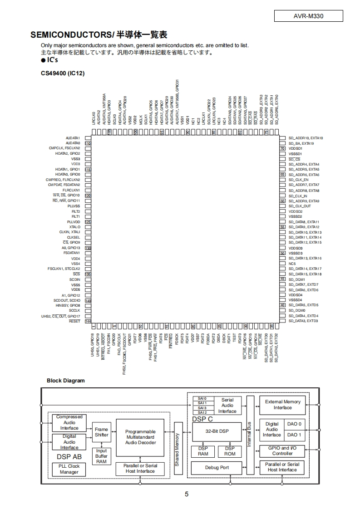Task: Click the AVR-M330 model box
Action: coord(309,16)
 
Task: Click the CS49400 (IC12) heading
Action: coord(63,73)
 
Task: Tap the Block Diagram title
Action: coord(66,381)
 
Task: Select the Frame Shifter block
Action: coord(102,432)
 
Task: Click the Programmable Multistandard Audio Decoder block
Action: coord(140,437)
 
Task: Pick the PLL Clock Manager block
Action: coord(69,469)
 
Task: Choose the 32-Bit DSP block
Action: coord(217,431)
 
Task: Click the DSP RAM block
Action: coord(203,451)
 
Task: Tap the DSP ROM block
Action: coord(230,451)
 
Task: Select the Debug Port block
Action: coord(217,468)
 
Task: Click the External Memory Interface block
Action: coord(282,405)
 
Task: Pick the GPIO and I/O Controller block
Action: coord(282,450)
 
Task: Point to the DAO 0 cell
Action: coord(295,424)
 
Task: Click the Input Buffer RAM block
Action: coord(102,456)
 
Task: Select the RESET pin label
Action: coord(74,321)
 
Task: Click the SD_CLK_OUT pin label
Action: coord(300,206)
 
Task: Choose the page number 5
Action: coord(187,494)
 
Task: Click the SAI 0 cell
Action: coord(202,398)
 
